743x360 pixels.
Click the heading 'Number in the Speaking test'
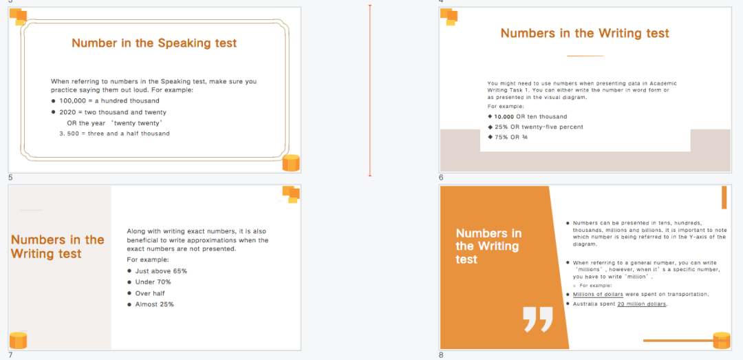click(x=154, y=43)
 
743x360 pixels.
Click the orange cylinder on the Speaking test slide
click(x=291, y=162)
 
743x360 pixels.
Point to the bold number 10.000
click(x=504, y=117)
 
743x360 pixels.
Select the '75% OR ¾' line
click(x=508, y=137)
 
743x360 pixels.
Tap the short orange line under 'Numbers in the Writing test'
click(x=585, y=56)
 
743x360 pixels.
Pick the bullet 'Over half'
click(x=146, y=294)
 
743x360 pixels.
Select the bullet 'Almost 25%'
click(x=151, y=304)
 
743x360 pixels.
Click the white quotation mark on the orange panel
click(x=538, y=319)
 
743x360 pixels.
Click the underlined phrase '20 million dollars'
click(x=642, y=304)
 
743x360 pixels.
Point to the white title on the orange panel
click(x=488, y=246)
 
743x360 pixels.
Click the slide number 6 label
click(x=441, y=178)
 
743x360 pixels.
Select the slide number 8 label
click(x=441, y=354)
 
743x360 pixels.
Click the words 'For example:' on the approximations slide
click(x=148, y=260)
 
